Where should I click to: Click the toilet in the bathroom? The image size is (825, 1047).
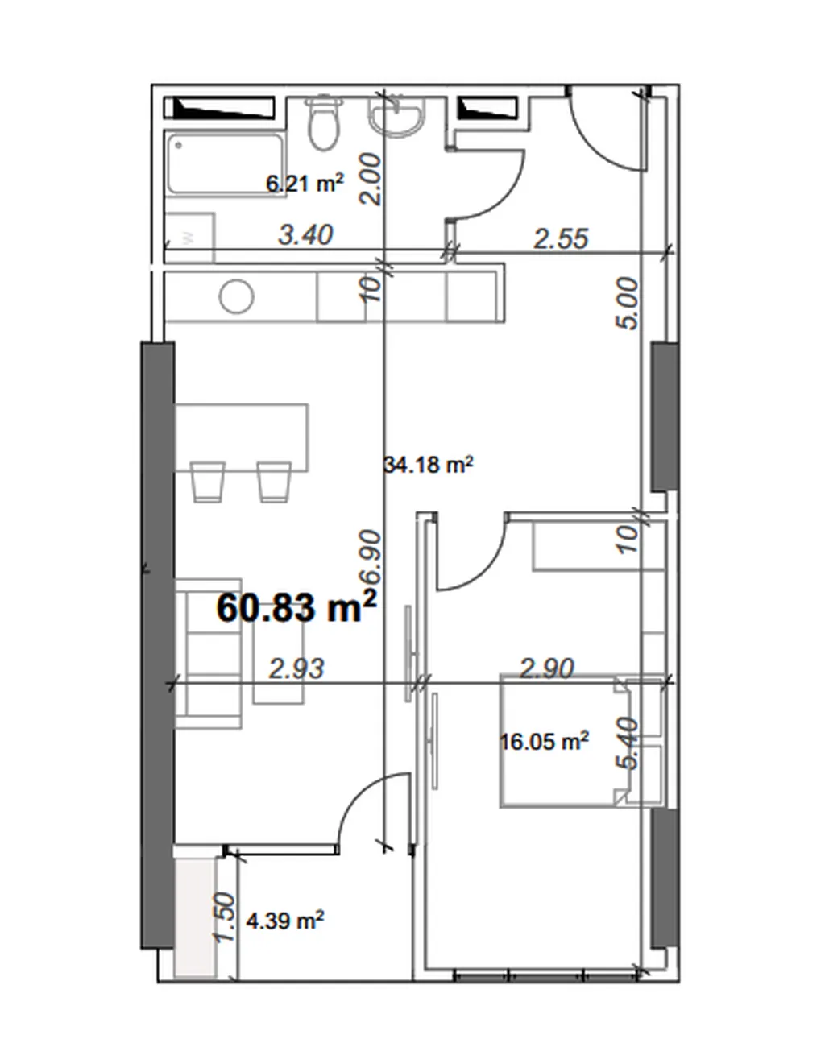[324, 123]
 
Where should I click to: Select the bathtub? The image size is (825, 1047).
[225, 164]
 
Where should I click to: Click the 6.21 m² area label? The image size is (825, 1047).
[305, 184]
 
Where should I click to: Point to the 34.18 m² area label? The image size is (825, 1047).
[429, 465]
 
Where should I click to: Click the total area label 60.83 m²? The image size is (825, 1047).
[296, 608]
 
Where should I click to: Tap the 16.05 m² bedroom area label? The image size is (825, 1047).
[544, 742]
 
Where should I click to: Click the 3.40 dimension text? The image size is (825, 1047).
[305, 234]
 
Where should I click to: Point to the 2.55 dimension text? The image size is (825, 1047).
[562, 238]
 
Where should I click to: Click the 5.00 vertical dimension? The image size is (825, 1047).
[627, 304]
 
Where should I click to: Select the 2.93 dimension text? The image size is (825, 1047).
[296, 669]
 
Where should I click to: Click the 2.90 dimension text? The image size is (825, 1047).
[547, 668]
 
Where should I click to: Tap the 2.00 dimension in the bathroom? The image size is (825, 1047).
[370, 179]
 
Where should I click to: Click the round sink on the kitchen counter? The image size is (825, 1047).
[237, 296]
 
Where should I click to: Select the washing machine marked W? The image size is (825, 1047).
[190, 237]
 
